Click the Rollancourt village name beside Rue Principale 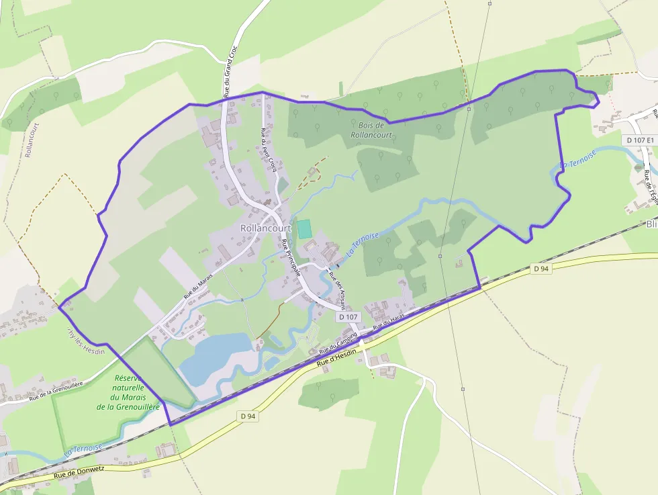pos(265,228)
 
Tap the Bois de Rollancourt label pos(371,130)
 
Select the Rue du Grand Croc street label pos(230,72)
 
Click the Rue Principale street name pos(291,258)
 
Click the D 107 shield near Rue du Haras pos(348,316)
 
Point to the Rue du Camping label pos(338,342)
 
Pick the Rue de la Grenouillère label pos(56,390)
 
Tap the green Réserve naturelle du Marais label pos(128,392)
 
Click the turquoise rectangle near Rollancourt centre pos(305,229)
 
